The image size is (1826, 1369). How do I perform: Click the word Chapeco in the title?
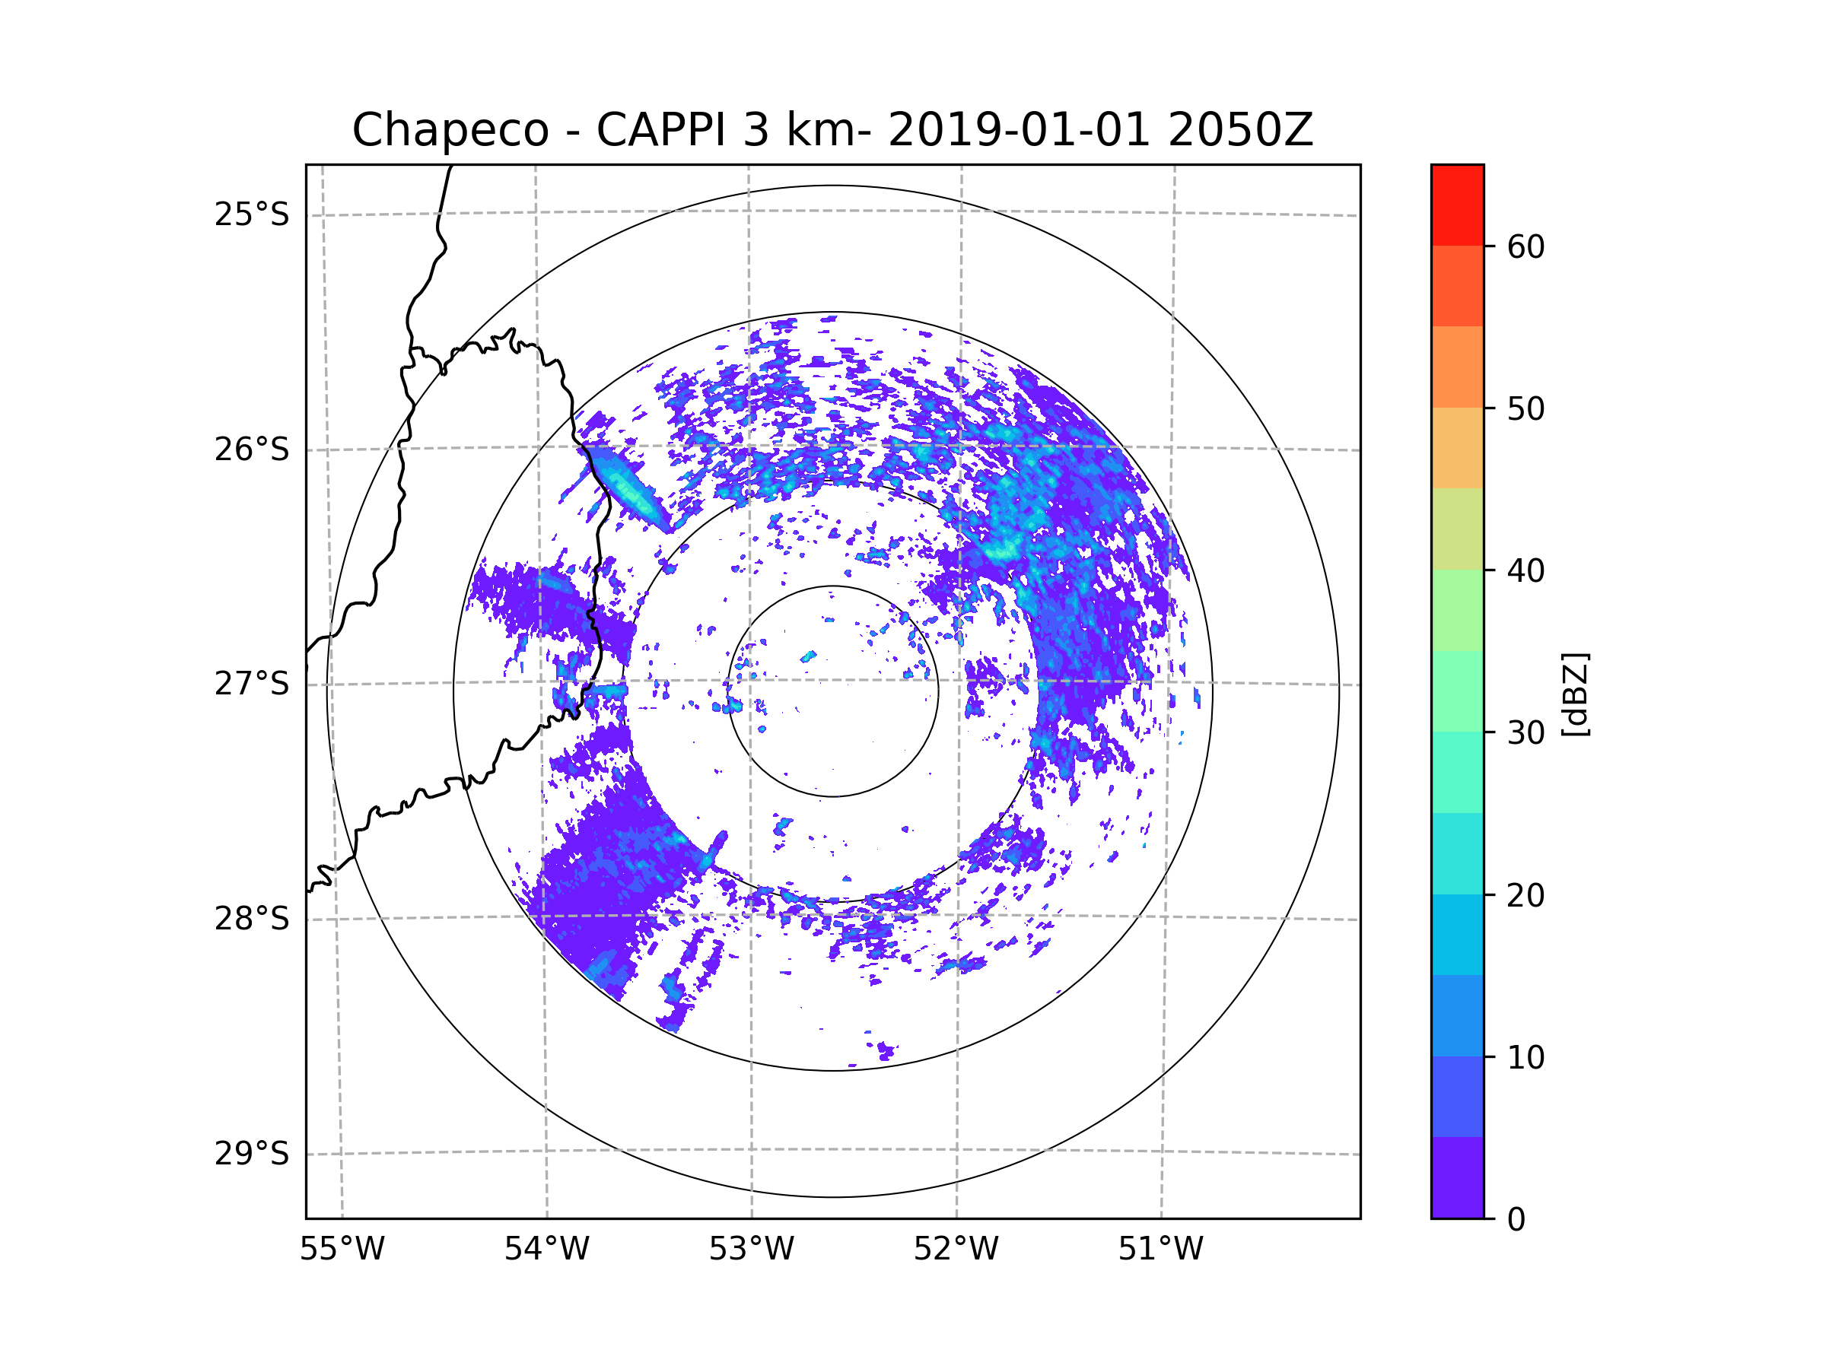(x=450, y=130)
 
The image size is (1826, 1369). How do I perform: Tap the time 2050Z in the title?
(x=1240, y=130)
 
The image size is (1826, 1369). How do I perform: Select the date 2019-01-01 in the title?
(x=1019, y=130)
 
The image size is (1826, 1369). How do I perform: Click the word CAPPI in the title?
(x=660, y=130)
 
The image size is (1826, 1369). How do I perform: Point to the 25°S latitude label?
(x=252, y=214)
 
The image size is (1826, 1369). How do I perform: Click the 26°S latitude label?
(x=252, y=449)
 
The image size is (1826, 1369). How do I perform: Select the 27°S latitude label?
(x=252, y=684)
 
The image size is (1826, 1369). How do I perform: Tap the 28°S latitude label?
(x=252, y=919)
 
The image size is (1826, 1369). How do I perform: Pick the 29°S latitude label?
(x=252, y=1154)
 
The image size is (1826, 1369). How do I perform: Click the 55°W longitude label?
(x=342, y=1250)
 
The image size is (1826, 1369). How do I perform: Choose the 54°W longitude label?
(x=546, y=1250)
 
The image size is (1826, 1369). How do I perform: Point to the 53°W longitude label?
(x=751, y=1250)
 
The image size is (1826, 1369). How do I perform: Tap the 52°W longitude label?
(x=956, y=1250)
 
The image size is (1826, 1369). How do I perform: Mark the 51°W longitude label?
(x=1160, y=1250)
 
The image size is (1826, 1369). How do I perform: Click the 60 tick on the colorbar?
(x=1525, y=246)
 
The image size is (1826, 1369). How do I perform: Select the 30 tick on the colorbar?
(x=1525, y=732)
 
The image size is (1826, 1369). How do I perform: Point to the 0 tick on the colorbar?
(x=1516, y=1219)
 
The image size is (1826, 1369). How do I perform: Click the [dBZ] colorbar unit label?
(x=1575, y=694)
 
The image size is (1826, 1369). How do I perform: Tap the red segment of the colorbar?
(x=1457, y=205)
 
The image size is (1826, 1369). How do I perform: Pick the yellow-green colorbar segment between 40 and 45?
(x=1457, y=529)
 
